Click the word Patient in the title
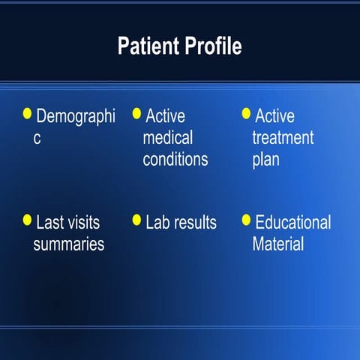tap(147, 46)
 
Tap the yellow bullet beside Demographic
tap(28, 113)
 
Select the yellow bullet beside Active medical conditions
tap(136, 113)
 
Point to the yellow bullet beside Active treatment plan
tap(246, 113)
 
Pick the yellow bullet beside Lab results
tap(136, 220)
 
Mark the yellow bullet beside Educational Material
tap(246, 220)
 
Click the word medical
tap(167, 139)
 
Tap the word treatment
tap(283, 139)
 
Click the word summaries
tap(68, 244)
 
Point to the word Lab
tap(158, 223)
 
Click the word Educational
tap(292, 223)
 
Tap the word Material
tap(277, 244)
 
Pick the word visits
tap(84, 223)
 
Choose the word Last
tap(50, 223)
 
